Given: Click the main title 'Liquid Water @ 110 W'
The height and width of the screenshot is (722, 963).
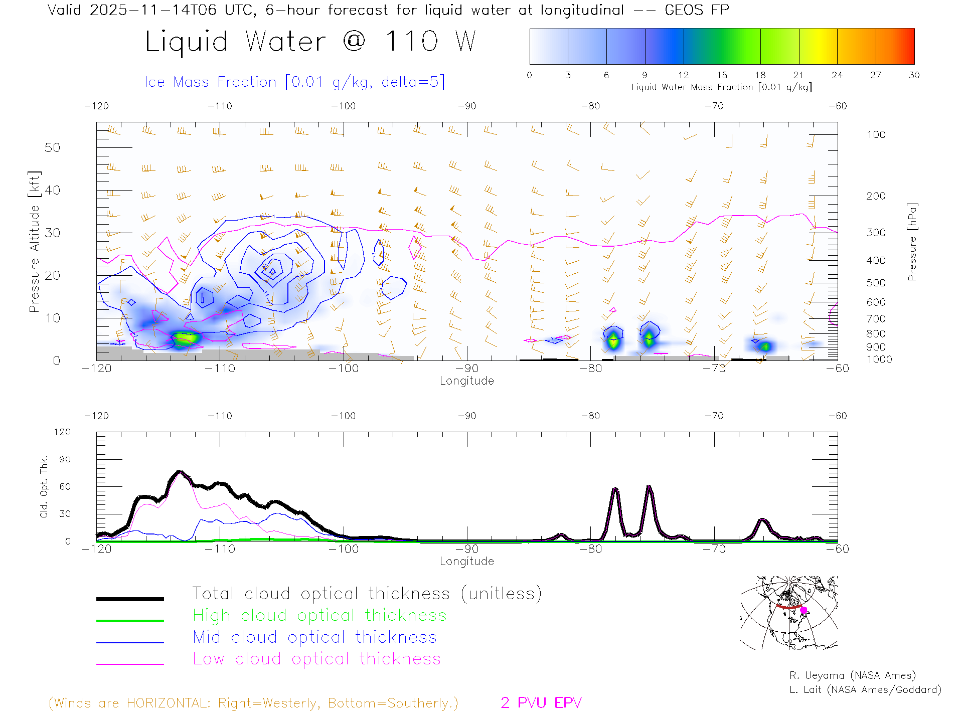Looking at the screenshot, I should (x=310, y=41).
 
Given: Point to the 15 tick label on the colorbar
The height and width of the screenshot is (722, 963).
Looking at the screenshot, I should (x=722, y=75).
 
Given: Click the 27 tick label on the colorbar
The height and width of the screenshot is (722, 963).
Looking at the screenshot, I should (x=876, y=75).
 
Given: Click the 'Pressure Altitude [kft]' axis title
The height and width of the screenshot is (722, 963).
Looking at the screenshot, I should (x=34, y=242).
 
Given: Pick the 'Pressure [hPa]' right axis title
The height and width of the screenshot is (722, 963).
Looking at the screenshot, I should (x=912, y=242).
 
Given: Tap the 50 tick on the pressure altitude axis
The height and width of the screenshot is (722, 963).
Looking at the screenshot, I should (x=52, y=147).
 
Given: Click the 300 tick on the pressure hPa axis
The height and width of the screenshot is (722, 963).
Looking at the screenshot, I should (x=876, y=233).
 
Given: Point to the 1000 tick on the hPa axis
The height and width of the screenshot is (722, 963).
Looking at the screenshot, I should (x=879, y=359).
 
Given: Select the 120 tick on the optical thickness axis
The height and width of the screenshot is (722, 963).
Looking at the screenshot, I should (x=63, y=432).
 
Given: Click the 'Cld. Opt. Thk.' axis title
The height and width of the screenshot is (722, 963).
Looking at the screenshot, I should (x=44, y=486).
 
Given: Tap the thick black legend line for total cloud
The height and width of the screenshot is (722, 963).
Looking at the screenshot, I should (x=130, y=599).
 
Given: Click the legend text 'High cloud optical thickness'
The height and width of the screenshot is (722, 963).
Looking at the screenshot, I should (x=319, y=615).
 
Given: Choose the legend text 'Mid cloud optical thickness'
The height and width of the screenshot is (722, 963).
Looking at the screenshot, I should (x=314, y=637).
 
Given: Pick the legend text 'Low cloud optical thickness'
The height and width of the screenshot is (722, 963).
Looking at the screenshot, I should (x=316, y=659).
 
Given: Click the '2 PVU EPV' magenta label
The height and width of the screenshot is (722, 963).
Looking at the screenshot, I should (x=541, y=703).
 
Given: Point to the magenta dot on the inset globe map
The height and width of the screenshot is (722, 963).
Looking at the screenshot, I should (x=804, y=610).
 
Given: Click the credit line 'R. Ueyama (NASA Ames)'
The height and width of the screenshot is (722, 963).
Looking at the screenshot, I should (x=852, y=675).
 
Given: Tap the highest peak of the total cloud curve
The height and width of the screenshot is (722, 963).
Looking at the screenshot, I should (x=180, y=472).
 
